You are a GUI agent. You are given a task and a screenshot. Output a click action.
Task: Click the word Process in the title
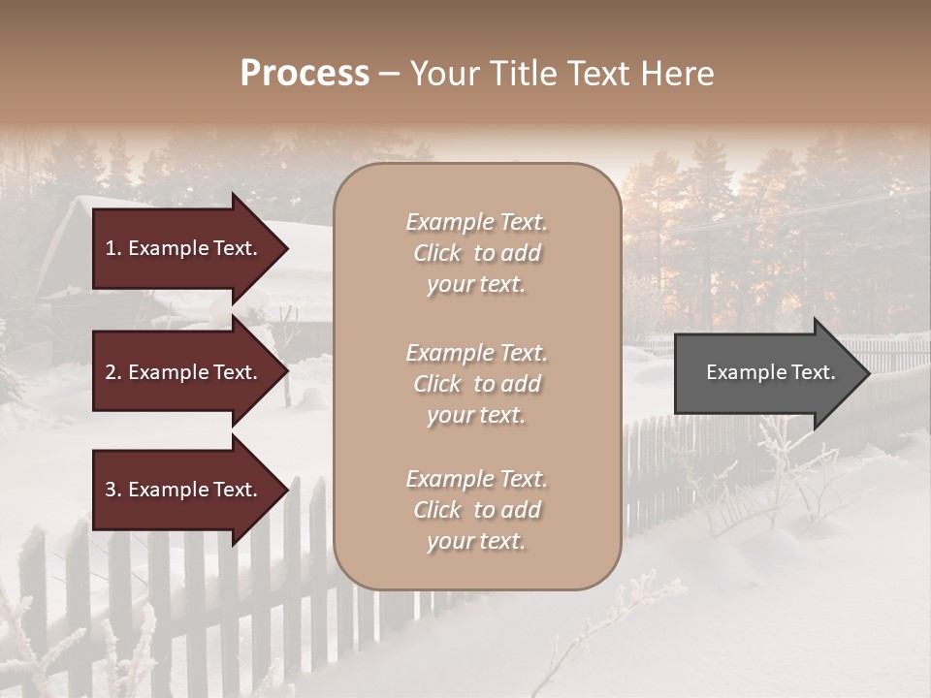305,74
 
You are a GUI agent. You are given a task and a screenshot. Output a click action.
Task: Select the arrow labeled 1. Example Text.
184,248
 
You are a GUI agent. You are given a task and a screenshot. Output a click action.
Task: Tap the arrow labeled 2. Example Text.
184,372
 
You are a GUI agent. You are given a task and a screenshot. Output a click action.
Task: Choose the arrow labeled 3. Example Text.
184,490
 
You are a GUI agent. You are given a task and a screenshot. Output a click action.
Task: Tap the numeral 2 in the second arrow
111,372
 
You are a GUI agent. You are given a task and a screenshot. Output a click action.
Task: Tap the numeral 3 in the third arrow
111,490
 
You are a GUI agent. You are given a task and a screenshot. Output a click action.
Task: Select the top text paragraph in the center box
476,253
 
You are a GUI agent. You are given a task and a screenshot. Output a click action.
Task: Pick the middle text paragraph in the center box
476,384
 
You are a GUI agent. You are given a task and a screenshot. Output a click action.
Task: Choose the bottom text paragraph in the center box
476,510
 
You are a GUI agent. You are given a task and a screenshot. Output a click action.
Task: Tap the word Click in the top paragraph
437,253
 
